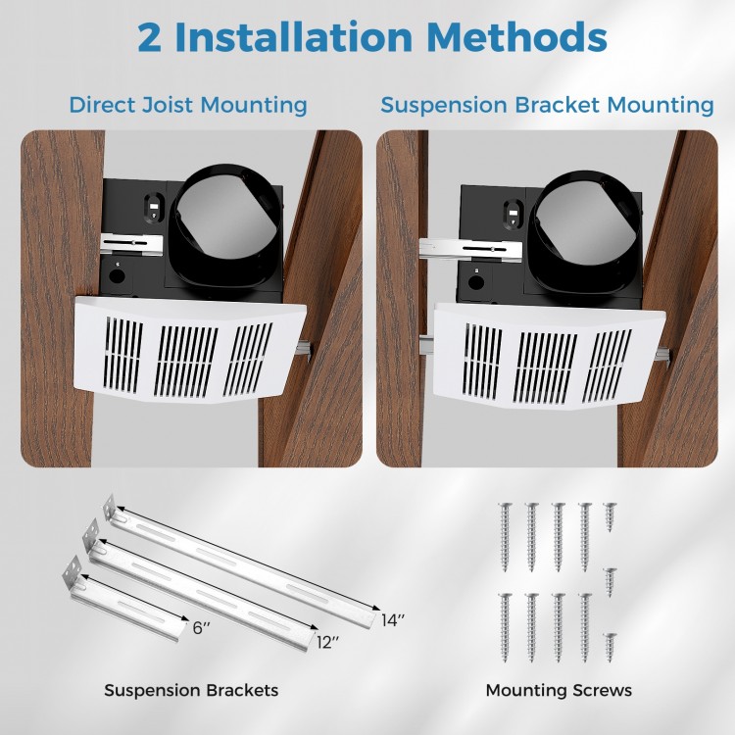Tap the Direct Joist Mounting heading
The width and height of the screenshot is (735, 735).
click(187, 105)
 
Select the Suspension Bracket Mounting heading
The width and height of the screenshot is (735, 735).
click(547, 105)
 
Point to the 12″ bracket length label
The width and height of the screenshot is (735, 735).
click(328, 643)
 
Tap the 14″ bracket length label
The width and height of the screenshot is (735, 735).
click(392, 620)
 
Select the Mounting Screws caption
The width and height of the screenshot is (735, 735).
click(559, 691)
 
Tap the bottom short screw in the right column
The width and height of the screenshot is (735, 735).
click(610, 646)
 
